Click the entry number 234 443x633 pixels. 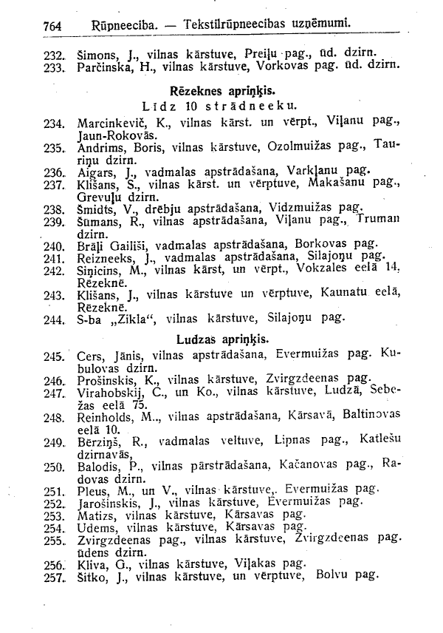pyautogui.click(x=54, y=123)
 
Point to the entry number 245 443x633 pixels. pyautogui.click(x=54, y=356)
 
